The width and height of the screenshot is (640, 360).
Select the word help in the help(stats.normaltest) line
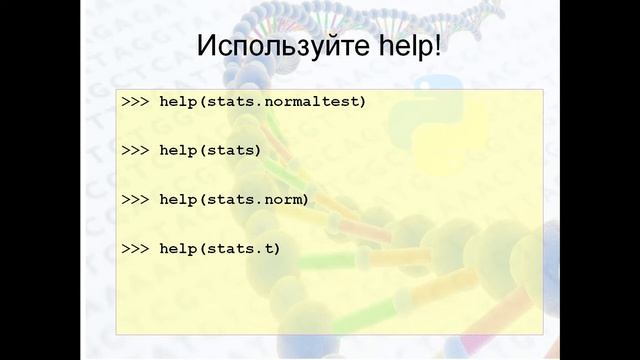[179, 102]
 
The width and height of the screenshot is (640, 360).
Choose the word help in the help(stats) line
[179, 150]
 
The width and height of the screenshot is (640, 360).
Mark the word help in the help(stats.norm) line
[179, 199]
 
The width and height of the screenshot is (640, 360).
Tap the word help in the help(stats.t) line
[179, 247]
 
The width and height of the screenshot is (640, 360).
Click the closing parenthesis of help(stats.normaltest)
[363, 102]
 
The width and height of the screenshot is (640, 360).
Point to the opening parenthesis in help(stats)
[203, 150]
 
